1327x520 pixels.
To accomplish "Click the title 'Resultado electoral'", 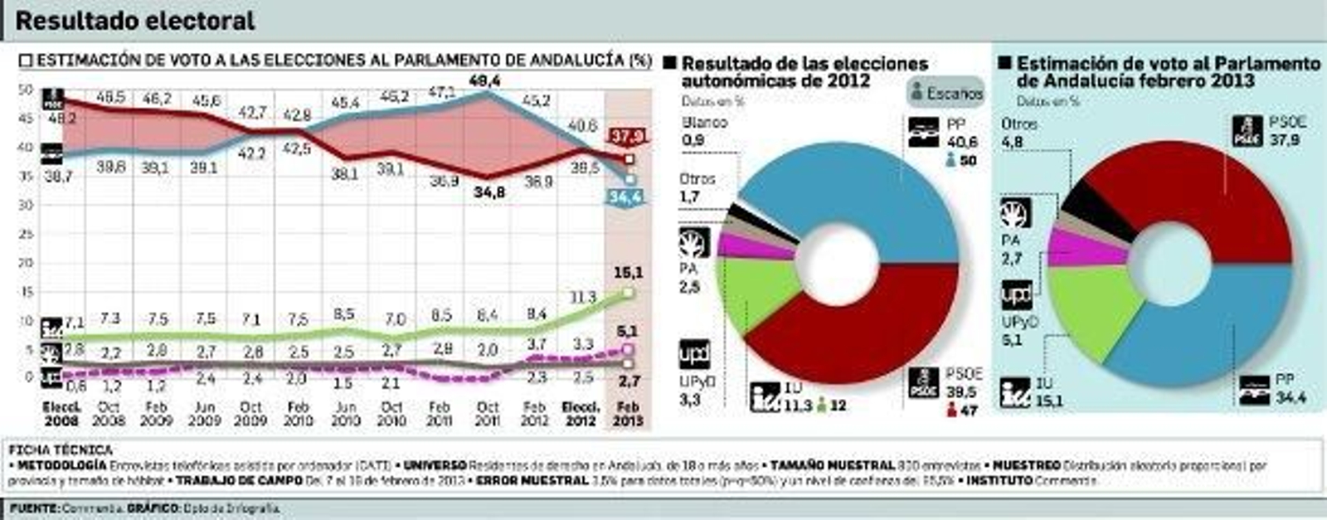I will [x=135, y=21].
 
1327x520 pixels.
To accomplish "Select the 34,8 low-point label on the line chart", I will [x=489, y=192].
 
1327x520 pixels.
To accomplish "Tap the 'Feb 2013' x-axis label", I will [x=628, y=414].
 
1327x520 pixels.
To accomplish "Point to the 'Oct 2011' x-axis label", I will [x=489, y=414].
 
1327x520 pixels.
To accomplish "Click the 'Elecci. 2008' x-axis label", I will [x=61, y=414].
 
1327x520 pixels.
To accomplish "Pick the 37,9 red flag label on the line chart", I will [x=628, y=136].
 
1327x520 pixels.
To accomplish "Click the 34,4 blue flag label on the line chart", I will [x=628, y=197].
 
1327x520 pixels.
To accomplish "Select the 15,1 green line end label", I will [x=628, y=273].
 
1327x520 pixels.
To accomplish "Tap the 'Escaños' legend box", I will [x=946, y=93].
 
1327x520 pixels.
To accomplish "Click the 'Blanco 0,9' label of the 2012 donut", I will [x=704, y=131].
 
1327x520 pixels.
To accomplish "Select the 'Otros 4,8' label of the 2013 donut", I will [x=1018, y=132].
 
